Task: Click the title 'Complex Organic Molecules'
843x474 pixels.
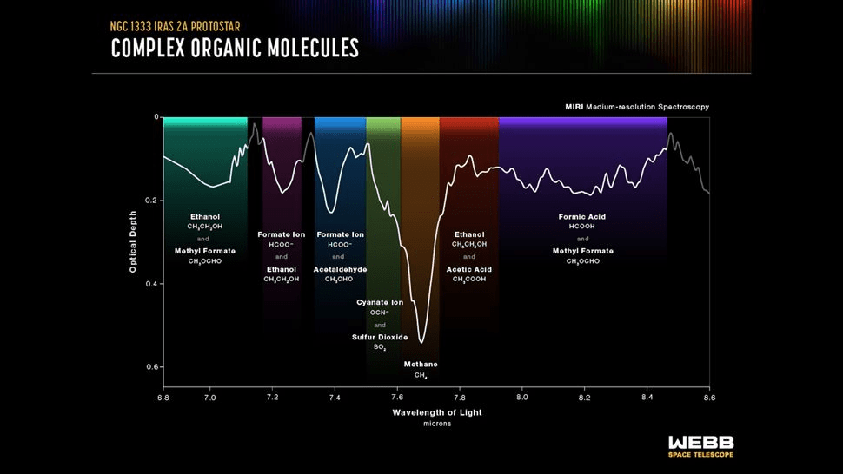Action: point(235,49)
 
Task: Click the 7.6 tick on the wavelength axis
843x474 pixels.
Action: point(397,397)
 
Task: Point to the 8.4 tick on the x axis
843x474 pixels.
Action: point(647,397)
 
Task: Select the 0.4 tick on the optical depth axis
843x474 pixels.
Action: point(152,284)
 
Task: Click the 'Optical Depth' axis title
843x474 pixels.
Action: point(133,241)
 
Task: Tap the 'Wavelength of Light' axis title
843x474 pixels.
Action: point(437,412)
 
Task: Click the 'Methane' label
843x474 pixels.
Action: point(421,364)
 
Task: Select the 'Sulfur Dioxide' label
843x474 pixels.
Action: point(380,337)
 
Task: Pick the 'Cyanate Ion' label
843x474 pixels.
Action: point(380,302)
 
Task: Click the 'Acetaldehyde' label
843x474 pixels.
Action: point(340,269)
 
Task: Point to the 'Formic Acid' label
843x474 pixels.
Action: point(582,216)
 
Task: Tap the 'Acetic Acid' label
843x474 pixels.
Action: point(469,269)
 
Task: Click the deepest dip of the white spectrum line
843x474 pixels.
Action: point(421,342)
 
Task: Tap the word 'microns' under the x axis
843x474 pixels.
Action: point(437,424)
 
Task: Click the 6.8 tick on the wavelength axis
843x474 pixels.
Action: point(163,397)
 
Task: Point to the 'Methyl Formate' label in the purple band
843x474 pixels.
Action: point(582,251)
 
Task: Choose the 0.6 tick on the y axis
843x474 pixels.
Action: point(152,367)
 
